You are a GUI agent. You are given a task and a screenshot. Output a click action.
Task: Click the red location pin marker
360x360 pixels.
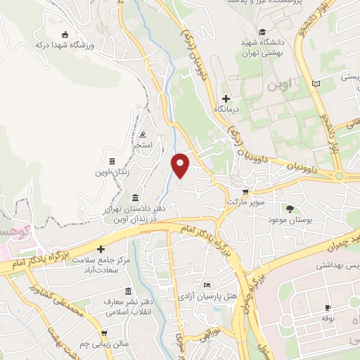[181, 165]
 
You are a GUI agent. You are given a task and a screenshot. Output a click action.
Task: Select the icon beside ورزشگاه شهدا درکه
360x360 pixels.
[65, 35]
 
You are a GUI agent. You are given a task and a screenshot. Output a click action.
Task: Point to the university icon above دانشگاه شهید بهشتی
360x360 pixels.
[262, 32]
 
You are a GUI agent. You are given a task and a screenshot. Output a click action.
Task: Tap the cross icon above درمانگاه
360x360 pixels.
[226, 98]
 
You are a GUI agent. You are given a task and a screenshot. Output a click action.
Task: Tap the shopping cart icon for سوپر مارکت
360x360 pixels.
[244, 191]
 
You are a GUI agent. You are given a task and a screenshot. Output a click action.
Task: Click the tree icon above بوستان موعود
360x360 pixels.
[289, 209]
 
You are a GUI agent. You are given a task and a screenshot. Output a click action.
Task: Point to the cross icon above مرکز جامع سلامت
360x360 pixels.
[101, 249]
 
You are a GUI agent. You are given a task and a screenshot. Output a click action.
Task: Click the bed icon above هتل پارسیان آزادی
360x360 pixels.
[205, 285]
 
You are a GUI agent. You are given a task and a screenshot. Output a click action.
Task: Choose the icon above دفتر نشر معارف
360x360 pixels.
[127, 290]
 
